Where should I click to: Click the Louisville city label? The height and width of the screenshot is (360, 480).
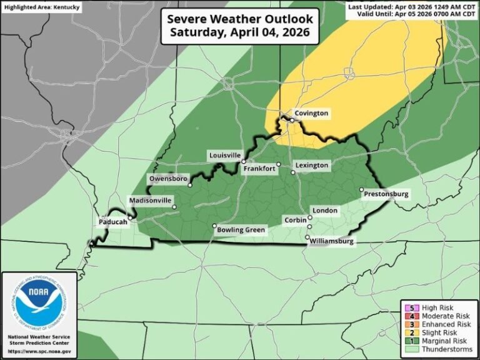click(x=224, y=154)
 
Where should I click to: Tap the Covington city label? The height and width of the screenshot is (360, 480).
click(x=311, y=113)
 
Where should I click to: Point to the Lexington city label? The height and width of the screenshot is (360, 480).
click(x=312, y=165)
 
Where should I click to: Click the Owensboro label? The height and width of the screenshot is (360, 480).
click(x=167, y=179)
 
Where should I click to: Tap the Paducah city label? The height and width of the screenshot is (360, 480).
click(x=112, y=222)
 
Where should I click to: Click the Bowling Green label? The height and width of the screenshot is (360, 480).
click(x=241, y=230)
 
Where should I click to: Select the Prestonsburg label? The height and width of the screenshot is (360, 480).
click(x=386, y=194)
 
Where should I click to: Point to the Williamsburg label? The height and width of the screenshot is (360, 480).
click(x=333, y=241)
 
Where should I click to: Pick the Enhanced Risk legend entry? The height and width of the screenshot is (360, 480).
click(x=446, y=324)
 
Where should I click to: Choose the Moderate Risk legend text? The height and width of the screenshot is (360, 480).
click(x=445, y=316)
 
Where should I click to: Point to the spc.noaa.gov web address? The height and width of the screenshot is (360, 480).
click(x=39, y=352)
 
